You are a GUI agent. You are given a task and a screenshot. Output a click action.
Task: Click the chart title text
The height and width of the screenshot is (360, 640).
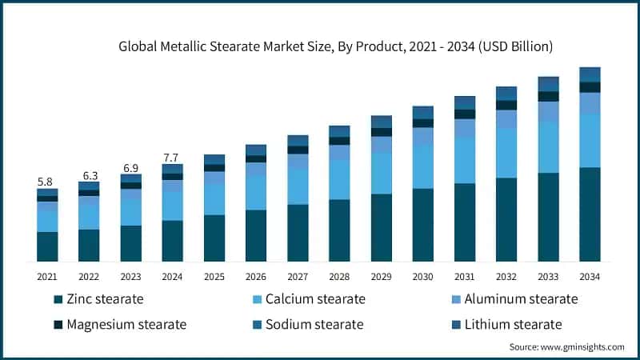(336, 47)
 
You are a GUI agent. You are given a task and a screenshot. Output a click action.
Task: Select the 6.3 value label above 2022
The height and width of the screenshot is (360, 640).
(89, 175)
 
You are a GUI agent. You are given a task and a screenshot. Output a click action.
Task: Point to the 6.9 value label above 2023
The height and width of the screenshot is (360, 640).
(130, 168)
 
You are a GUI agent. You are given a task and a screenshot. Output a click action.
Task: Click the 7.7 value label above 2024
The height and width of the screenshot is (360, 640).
(172, 158)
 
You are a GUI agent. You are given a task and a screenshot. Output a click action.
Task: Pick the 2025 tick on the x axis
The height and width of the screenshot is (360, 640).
(214, 276)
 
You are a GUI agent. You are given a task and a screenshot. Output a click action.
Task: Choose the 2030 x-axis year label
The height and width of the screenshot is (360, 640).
(423, 276)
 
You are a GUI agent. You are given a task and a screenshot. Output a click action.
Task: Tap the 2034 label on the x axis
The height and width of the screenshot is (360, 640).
(590, 276)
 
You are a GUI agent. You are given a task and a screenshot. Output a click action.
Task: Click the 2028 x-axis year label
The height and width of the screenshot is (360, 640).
(339, 276)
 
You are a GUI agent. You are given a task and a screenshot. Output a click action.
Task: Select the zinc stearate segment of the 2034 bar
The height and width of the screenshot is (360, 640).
(590, 214)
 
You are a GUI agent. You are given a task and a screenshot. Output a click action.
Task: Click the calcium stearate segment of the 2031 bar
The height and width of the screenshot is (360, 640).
(465, 160)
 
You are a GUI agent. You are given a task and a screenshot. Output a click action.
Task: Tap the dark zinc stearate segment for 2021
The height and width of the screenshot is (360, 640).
(47, 246)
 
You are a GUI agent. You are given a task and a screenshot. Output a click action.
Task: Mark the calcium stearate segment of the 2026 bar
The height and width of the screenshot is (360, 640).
(256, 192)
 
